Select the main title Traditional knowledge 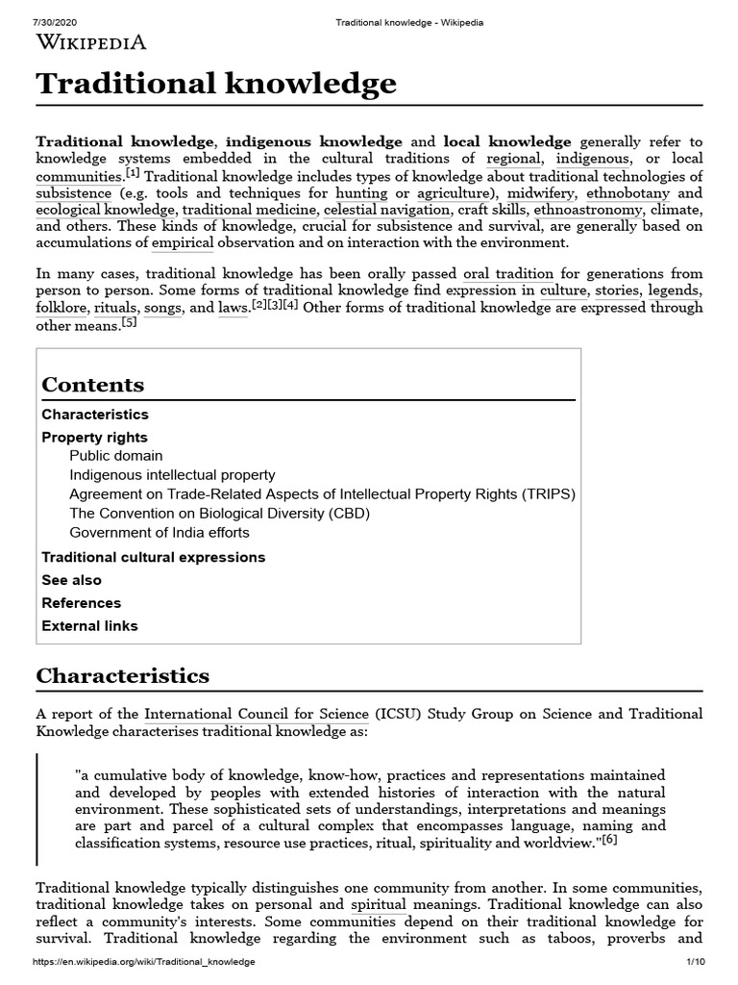[216, 84]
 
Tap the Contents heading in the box [93, 385]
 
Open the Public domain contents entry [115, 456]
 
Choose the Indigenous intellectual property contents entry [172, 475]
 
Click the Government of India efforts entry [159, 533]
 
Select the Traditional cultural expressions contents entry [153, 558]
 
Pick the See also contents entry [71, 581]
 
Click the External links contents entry [89, 626]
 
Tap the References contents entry [81, 603]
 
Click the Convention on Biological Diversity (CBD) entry [219, 514]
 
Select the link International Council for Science [256, 714]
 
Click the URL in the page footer [143, 962]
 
